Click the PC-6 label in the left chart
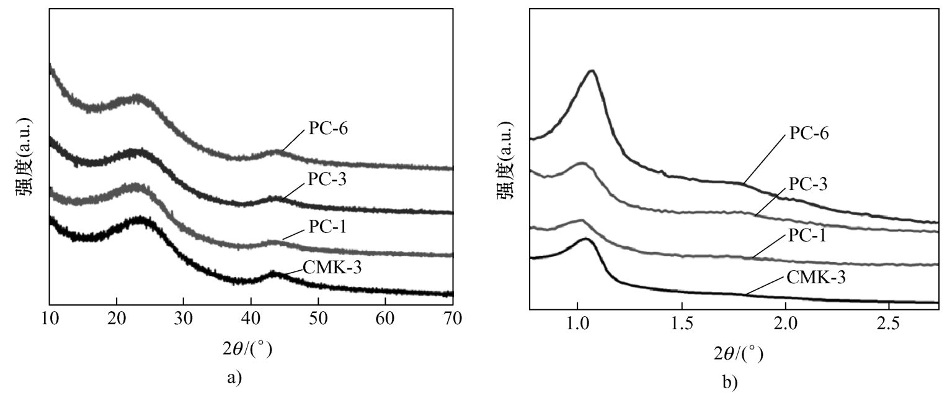click(x=329, y=132)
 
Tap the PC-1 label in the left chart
click(x=328, y=227)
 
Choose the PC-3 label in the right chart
click(x=810, y=184)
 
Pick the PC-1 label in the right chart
click(x=810, y=234)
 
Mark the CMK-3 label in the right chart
click(x=816, y=276)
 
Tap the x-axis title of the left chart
click(x=247, y=350)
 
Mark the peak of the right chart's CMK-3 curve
click(x=585, y=239)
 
